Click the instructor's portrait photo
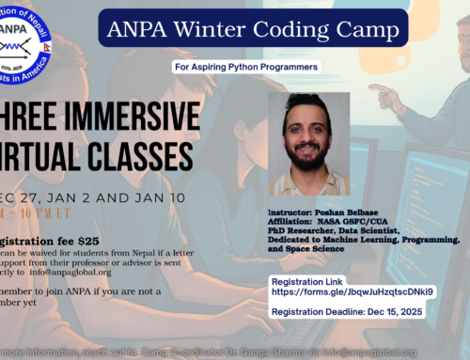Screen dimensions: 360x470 pos(308,144)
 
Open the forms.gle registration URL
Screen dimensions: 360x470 pos(352,292)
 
